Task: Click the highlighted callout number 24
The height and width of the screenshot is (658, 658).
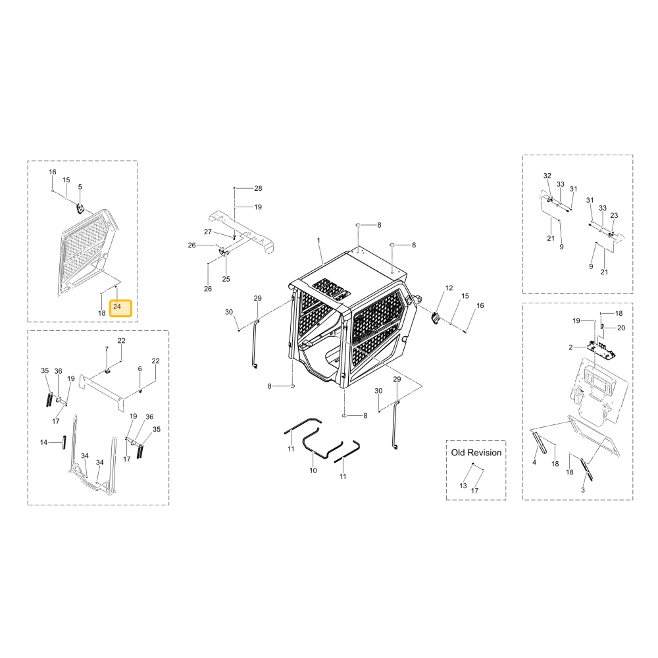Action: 117,307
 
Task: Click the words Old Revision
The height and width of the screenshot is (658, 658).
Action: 476,453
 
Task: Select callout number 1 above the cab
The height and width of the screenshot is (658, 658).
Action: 318,240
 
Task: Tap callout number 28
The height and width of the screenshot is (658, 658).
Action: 258,188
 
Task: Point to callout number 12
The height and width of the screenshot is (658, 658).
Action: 449,288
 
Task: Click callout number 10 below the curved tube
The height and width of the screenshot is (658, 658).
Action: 313,470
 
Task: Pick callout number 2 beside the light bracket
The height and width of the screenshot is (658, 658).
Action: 570,347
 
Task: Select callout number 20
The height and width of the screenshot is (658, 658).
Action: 621,328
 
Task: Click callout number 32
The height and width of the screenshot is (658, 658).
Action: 547,176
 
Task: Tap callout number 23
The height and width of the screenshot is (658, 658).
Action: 614,215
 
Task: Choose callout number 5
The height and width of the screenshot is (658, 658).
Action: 80,187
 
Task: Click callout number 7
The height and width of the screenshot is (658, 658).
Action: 107,349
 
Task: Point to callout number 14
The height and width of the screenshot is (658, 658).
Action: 43,442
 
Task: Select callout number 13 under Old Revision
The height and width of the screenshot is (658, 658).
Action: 463,486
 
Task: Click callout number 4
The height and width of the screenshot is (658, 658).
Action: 534,463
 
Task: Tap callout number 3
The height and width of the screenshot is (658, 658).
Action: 583,490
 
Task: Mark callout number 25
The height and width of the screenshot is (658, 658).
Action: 226,279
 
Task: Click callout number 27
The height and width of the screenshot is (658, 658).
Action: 208,232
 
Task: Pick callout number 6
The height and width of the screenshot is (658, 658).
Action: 139,368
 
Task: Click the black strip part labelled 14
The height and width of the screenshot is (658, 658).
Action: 64,442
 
